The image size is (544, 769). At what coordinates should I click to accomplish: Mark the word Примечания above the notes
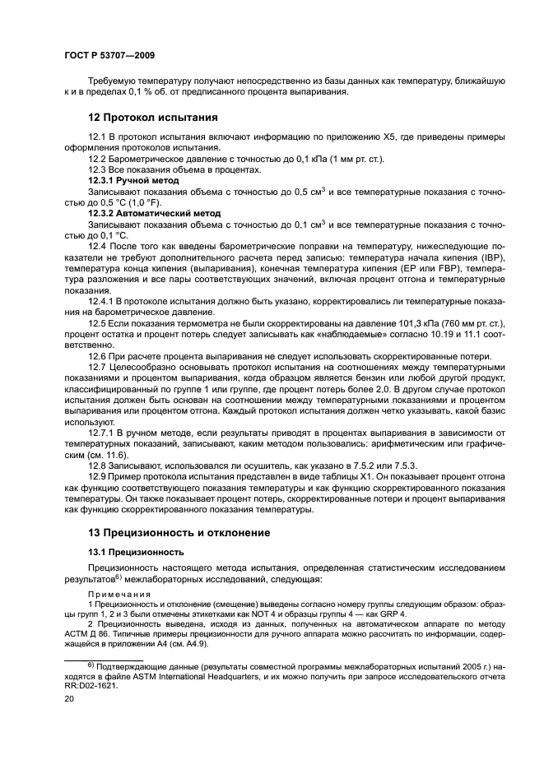point(119,595)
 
